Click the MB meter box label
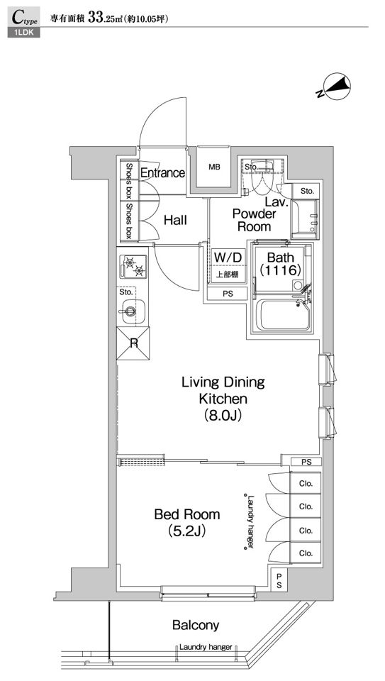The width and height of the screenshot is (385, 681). point(214,167)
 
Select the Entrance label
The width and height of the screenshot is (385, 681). point(163,173)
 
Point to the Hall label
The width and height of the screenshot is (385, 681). point(175,220)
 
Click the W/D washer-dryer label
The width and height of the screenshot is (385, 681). point(228,258)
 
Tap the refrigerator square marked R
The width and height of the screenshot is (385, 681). point(134,343)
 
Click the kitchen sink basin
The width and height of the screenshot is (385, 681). point(130,311)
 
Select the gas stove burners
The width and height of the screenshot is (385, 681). point(133,267)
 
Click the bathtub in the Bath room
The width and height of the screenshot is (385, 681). point(284,315)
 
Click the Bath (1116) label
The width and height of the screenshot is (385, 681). point(280,263)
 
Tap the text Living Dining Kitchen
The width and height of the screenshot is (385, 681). point(223,390)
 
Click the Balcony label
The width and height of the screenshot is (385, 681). point(196,625)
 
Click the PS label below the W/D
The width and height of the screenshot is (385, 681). point(228,294)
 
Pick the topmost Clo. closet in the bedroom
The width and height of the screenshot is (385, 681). point(306,483)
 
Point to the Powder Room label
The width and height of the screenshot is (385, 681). point(254,220)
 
